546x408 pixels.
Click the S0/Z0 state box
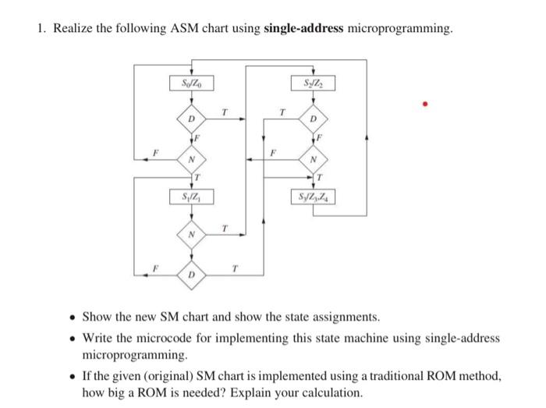click(x=191, y=82)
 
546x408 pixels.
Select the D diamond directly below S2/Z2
click(x=313, y=119)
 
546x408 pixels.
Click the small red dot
click(x=425, y=103)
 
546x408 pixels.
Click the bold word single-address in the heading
click(x=303, y=29)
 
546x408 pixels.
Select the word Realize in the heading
click(x=73, y=29)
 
